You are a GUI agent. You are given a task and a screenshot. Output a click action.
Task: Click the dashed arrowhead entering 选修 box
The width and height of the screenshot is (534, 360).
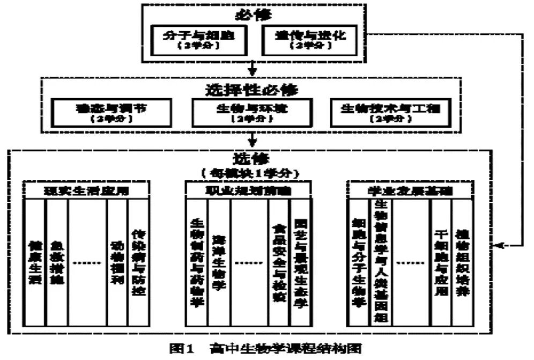[500, 245]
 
